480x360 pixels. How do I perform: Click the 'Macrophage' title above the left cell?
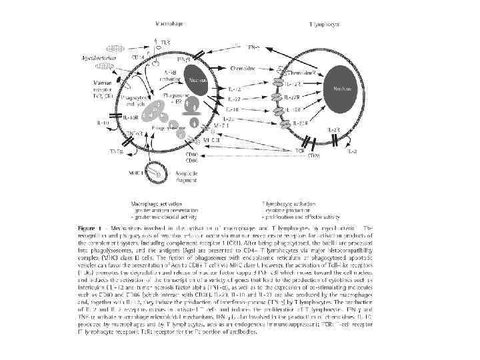(x=171, y=23)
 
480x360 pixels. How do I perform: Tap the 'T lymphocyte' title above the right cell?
(x=324, y=24)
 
